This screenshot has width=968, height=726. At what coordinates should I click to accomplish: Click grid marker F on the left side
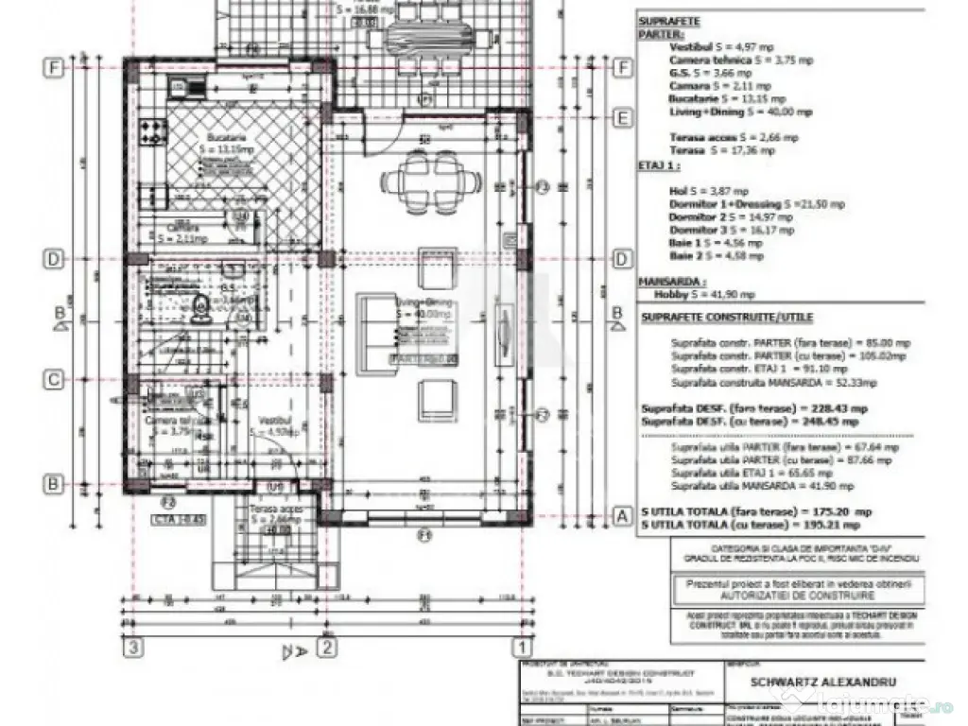pos(55,68)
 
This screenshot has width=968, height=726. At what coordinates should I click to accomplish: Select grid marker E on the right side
pos(622,118)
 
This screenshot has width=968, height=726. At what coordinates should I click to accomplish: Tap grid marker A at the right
pos(622,516)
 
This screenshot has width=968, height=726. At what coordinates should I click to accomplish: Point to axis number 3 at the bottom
pos(135,648)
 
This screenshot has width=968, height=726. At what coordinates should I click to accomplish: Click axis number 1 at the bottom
pos(520,648)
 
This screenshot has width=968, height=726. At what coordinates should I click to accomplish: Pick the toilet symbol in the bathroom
pos(199,305)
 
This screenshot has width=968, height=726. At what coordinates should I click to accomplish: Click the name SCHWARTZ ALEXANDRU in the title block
pos(821,681)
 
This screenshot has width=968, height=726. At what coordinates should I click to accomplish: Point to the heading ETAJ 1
pos(660,164)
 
